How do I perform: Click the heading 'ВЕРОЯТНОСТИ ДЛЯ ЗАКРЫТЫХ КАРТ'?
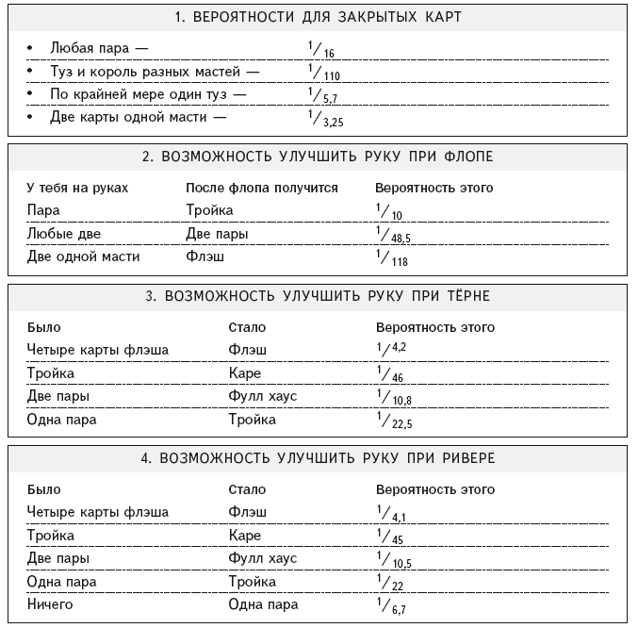coord(318,17)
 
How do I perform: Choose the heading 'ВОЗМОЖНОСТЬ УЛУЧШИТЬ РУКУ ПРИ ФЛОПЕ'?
coord(318,156)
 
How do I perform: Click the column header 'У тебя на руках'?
coord(77,188)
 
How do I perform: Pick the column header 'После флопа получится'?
coord(261,188)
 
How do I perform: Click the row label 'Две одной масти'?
coord(84,256)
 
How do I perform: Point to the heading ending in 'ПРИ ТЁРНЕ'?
coord(318,296)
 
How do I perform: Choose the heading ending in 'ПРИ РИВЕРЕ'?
coord(318,458)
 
